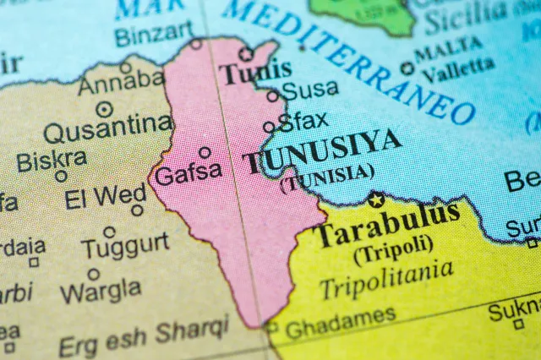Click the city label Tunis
coord(255,73)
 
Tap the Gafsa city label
coord(189,174)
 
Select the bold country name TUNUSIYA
coord(321,152)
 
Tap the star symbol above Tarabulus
coord(376,199)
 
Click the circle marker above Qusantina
coord(104,109)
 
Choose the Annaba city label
coord(121,84)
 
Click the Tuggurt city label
coord(125,246)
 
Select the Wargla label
coord(101,291)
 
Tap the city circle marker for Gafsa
coord(205,153)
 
